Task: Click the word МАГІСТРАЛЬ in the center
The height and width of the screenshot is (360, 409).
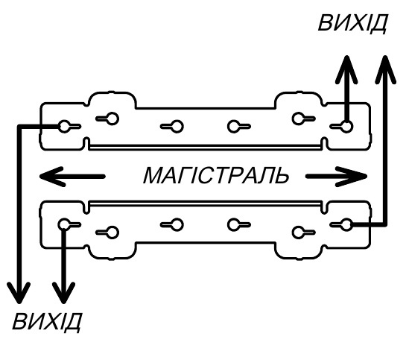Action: (216, 175)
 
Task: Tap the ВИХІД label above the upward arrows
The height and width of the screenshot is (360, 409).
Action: (352, 23)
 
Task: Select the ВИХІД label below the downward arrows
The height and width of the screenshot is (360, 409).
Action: (47, 322)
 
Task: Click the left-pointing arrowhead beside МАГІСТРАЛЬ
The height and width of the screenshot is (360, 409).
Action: (53, 177)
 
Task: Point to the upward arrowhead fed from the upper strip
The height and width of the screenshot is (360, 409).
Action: (346, 69)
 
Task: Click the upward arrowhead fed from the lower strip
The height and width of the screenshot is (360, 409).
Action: (385, 69)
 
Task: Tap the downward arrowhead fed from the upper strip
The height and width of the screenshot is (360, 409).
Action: (19, 293)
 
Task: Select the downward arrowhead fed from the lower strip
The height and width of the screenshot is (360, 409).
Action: (63, 293)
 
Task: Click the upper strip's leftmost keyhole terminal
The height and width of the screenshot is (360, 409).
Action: (69, 127)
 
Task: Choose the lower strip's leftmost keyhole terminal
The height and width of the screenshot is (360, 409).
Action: (69, 224)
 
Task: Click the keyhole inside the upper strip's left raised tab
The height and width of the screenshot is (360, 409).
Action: (108, 119)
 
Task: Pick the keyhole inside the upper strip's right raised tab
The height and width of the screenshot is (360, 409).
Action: (303, 119)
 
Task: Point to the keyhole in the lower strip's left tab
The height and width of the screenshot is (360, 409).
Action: (108, 233)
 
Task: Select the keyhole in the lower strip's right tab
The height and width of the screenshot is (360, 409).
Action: (303, 233)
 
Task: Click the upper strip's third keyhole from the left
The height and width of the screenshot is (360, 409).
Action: (172, 127)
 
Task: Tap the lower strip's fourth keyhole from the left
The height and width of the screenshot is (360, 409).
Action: (239, 224)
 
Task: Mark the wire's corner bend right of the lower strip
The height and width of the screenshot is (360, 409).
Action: (385, 224)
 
